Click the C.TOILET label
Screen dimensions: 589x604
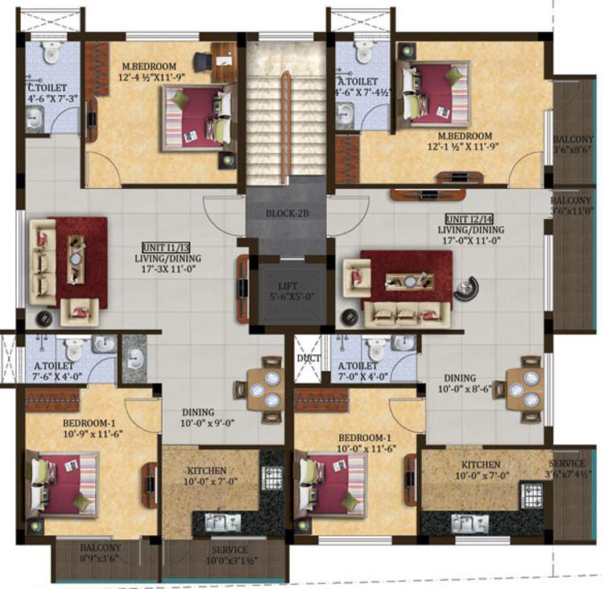point(45,88)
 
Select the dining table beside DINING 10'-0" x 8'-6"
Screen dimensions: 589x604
point(524,389)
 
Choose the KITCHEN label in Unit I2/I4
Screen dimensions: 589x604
point(481,465)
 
